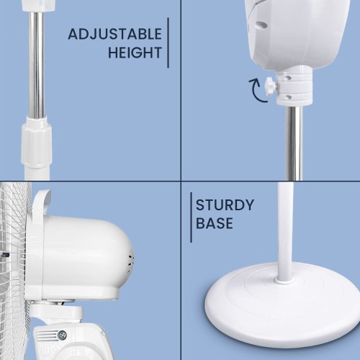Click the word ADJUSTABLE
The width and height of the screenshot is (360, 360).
(114, 34)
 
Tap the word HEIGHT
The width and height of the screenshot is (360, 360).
(135, 53)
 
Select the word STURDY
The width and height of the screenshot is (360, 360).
(225, 205)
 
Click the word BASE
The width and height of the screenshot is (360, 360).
(215, 223)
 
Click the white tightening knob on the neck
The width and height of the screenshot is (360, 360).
(271, 87)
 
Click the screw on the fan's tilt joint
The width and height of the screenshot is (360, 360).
(63, 335)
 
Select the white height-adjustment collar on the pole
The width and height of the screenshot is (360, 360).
(36, 142)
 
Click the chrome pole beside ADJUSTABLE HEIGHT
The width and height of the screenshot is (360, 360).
(36, 65)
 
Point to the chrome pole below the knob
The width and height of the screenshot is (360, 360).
(294, 143)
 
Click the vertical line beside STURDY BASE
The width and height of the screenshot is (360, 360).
(191, 217)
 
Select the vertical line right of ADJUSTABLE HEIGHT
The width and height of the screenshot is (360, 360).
(168, 42)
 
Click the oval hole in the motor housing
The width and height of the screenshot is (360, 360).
(261, 24)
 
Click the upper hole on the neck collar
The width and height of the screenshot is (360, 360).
(288, 78)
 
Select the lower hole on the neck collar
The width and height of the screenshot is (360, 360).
(289, 97)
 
